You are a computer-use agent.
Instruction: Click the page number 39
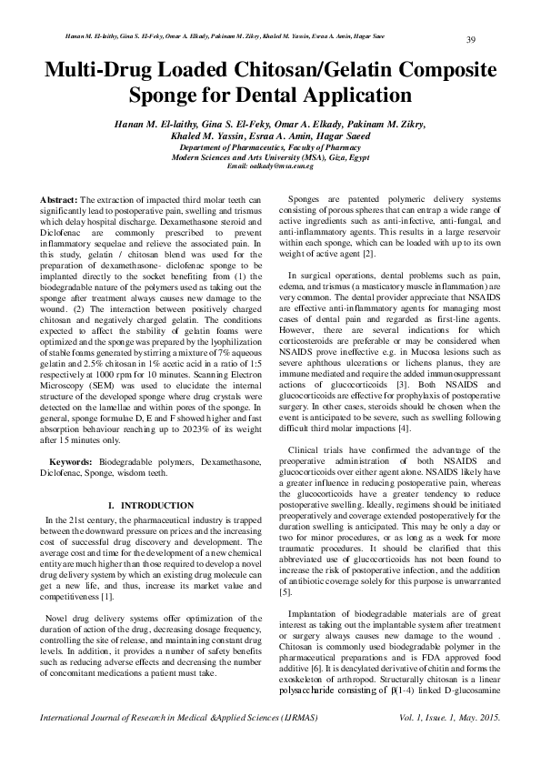click(472, 39)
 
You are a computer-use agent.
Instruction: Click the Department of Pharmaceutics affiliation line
click(270, 146)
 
